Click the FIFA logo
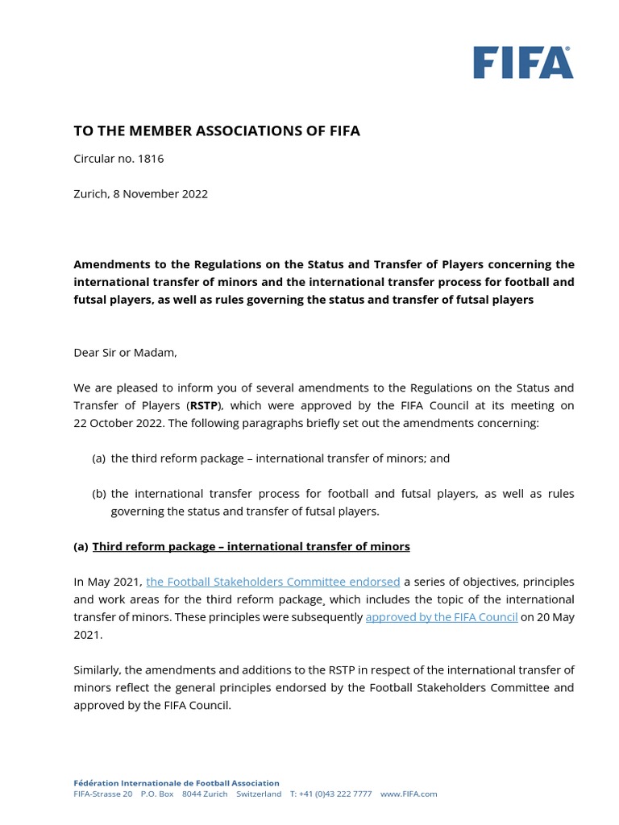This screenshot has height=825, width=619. click(x=523, y=63)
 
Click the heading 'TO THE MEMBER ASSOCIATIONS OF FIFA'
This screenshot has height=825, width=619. click(x=217, y=131)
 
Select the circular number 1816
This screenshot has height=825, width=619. click(x=150, y=158)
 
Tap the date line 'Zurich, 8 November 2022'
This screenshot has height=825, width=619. click(x=140, y=193)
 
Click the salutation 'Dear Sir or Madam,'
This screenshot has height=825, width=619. click(x=125, y=352)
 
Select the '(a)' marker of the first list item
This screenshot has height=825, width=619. click(x=99, y=458)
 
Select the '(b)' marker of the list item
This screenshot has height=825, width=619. click(x=99, y=493)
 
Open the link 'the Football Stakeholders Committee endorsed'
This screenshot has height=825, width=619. click(x=272, y=582)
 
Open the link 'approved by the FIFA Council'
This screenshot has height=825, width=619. click(x=441, y=617)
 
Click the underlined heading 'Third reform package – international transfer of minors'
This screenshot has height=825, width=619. click(x=251, y=546)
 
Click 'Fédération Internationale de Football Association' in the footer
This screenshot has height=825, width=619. click(x=177, y=782)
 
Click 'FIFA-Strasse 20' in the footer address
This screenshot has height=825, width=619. click(x=103, y=794)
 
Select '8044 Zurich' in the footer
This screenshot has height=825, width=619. click(x=205, y=794)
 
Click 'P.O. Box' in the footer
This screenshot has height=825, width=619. click(x=157, y=794)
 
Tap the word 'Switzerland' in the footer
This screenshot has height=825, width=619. click(x=259, y=794)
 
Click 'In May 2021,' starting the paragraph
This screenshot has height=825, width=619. click(x=108, y=582)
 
